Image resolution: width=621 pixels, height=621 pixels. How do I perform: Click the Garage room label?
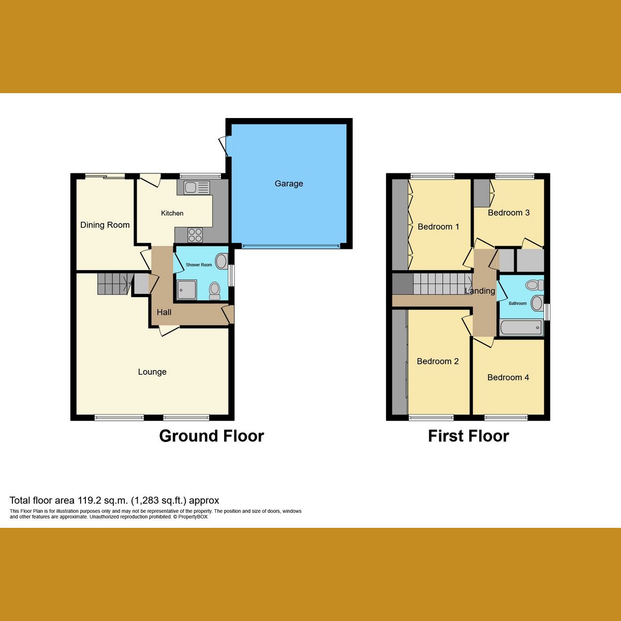pyautogui.click(x=289, y=184)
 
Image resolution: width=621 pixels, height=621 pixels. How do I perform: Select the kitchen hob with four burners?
pyautogui.click(x=195, y=235)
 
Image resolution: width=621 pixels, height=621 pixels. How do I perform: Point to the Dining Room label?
pyautogui.click(x=105, y=225)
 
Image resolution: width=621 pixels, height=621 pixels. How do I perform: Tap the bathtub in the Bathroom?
pyautogui.click(x=521, y=328)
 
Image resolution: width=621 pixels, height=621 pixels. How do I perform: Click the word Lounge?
pyautogui.click(x=152, y=372)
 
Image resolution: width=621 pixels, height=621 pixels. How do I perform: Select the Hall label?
pyautogui.click(x=164, y=313)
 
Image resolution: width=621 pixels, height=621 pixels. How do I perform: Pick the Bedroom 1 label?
pyautogui.click(x=438, y=227)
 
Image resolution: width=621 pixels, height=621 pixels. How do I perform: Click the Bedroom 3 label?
pyautogui.click(x=509, y=213)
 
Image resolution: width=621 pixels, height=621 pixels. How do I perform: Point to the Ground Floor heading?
pyautogui.click(x=212, y=436)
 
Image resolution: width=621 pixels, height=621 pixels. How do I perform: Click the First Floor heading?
pyautogui.click(x=468, y=436)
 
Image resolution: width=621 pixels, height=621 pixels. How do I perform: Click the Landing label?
pyautogui.click(x=480, y=291)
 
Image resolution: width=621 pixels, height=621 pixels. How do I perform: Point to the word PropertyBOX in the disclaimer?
pyautogui.click(x=193, y=516)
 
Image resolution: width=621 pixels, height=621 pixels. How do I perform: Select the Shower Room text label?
pyautogui.click(x=199, y=265)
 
